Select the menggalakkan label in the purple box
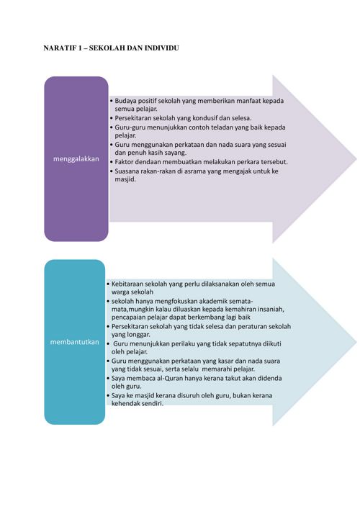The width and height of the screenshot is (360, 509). (x=76, y=159)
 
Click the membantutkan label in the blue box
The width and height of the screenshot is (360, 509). (x=74, y=342)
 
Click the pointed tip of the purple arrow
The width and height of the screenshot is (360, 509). (x=356, y=159)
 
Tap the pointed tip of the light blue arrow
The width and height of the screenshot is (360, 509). (x=356, y=342)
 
